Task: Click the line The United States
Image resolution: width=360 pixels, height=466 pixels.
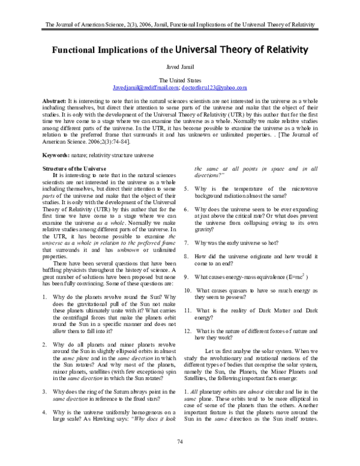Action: pos(180,80)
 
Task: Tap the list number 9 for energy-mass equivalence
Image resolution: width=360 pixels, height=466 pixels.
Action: pos(186,276)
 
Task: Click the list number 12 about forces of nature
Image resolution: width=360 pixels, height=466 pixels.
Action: pos(187,331)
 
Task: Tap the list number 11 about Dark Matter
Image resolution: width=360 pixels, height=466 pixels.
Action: pos(187,310)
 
